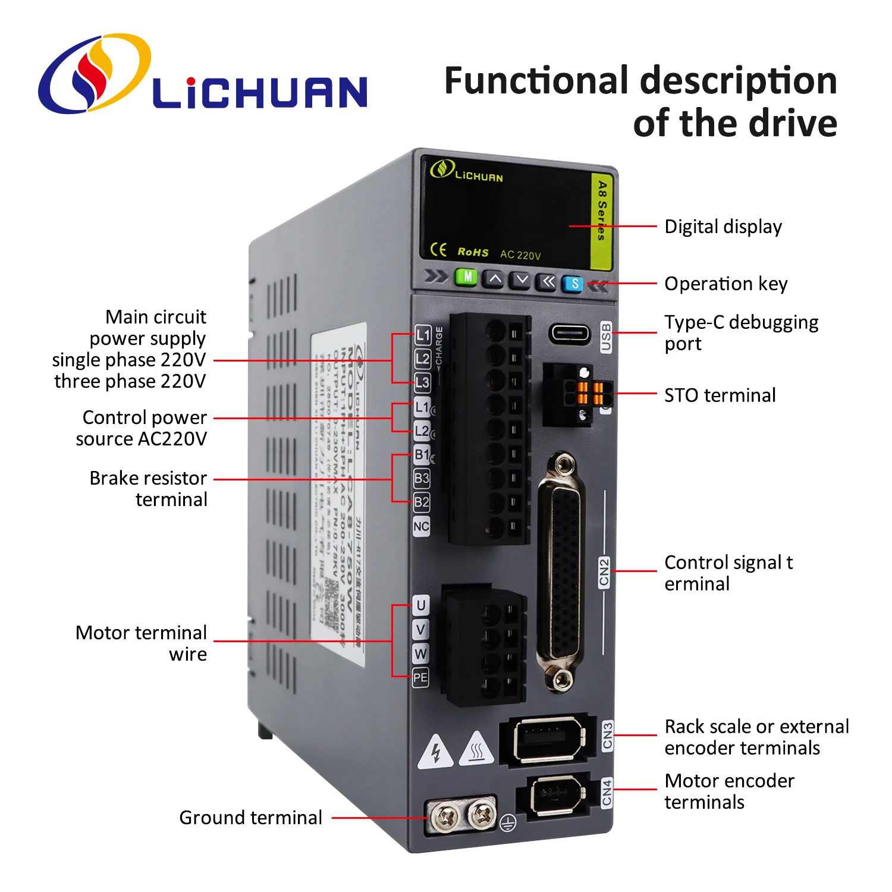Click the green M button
click(467, 277)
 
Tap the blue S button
click(574, 284)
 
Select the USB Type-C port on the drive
click(569, 333)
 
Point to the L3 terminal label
click(422, 382)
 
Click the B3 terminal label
click(422, 478)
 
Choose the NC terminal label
click(421, 526)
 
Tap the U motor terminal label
click(420, 605)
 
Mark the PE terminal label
click(420, 677)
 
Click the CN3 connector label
click(607, 736)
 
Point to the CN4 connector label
click(607, 793)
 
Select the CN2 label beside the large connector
click(604, 572)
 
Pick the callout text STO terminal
click(720, 395)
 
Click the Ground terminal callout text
click(250, 818)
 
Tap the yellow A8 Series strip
click(602, 220)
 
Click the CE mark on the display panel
click(438, 250)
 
